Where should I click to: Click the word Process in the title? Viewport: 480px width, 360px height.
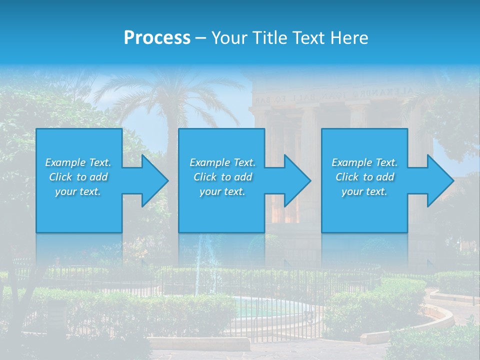pos(157,37)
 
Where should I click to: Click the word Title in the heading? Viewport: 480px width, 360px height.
pos(270,37)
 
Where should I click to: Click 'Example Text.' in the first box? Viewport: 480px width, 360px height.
pos(78,162)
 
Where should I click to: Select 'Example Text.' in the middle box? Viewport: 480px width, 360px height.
pos(222,162)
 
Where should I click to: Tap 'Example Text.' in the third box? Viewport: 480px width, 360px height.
pos(364,162)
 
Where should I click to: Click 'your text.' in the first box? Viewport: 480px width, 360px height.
pos(78,191)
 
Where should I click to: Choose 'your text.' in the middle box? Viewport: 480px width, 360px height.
pos(222,191)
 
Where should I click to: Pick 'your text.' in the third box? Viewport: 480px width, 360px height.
pos(364,191)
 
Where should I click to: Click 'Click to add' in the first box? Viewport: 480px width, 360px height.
pos(78,177)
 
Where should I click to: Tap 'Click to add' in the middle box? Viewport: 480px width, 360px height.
pos(222,177)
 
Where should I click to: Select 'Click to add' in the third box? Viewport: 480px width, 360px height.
pos(364,177)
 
